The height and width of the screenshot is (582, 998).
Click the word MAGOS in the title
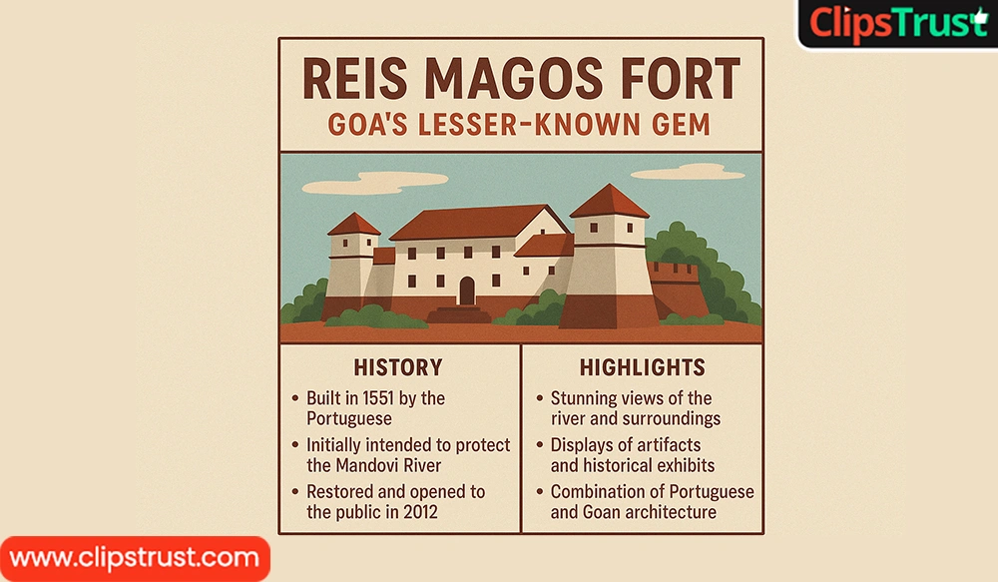point(514,78)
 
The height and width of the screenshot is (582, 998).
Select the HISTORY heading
point(398,367)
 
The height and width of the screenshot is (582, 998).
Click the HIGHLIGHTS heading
point(642,367)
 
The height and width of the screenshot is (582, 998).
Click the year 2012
point(421,512)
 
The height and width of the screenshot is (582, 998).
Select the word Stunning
point(584,399)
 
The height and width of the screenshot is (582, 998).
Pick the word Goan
point(602,512)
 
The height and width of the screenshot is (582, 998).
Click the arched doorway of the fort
point(467,291)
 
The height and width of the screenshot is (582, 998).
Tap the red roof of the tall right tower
point(609,202)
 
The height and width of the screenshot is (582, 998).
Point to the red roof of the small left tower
point(354,225)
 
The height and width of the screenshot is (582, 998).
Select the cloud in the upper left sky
point(363,184)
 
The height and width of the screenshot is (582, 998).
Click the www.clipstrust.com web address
point(135,558)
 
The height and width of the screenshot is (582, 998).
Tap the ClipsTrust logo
point(897,24)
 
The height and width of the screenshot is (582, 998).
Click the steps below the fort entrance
point(459,314)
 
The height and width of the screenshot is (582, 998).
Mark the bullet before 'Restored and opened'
point(294,491)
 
